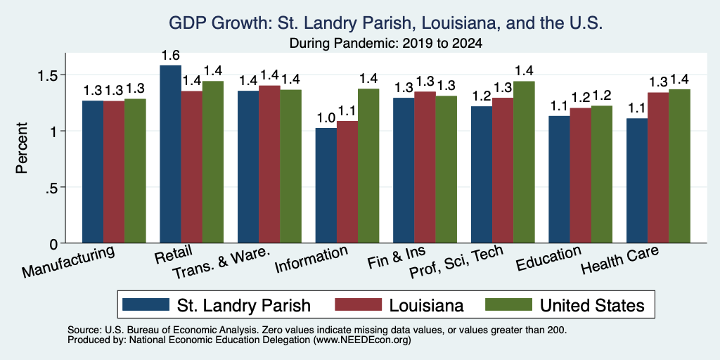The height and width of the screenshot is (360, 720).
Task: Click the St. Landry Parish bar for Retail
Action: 170,154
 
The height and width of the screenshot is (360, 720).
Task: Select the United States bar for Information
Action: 368,166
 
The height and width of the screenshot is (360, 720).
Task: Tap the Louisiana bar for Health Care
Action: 658,167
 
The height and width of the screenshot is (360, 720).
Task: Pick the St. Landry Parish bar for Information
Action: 326,186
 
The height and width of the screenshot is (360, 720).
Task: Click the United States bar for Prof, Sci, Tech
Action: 525,162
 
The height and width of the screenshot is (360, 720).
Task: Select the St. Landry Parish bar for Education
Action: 559,179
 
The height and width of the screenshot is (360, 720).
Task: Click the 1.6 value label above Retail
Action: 170,56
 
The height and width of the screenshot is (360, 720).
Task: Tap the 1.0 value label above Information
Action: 326,118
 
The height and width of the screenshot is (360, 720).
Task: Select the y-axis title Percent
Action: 22,148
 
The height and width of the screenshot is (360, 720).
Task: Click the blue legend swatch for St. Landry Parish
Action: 146,304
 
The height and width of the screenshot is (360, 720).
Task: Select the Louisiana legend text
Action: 427,305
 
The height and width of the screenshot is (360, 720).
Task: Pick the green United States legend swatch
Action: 509,304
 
